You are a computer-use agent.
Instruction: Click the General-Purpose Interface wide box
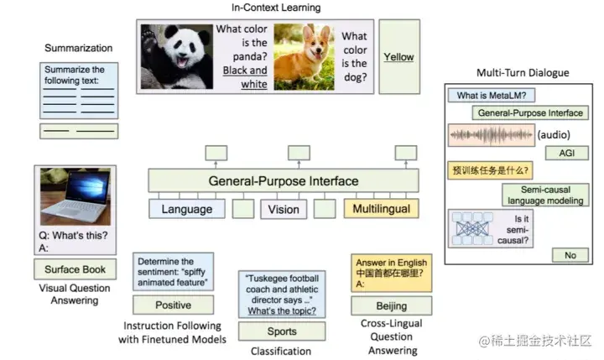point(284,180)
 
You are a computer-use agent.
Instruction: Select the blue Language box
point(186,209)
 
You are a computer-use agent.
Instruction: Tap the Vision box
point(284,209)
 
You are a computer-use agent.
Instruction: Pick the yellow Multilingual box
point(380,209)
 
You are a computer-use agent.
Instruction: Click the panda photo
point(176,55)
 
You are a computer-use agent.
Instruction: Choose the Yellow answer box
point(398,57)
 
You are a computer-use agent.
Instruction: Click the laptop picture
point(75,196)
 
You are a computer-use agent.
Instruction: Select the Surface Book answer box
point(75,270)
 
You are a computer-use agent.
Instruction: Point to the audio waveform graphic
point(490,134)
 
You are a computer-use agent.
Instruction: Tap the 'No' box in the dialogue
point(570,255)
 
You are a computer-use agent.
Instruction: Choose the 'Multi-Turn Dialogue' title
point(522,73)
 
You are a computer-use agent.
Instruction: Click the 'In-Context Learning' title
point(275,8)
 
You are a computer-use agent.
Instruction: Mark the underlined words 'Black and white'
point(245,77)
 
